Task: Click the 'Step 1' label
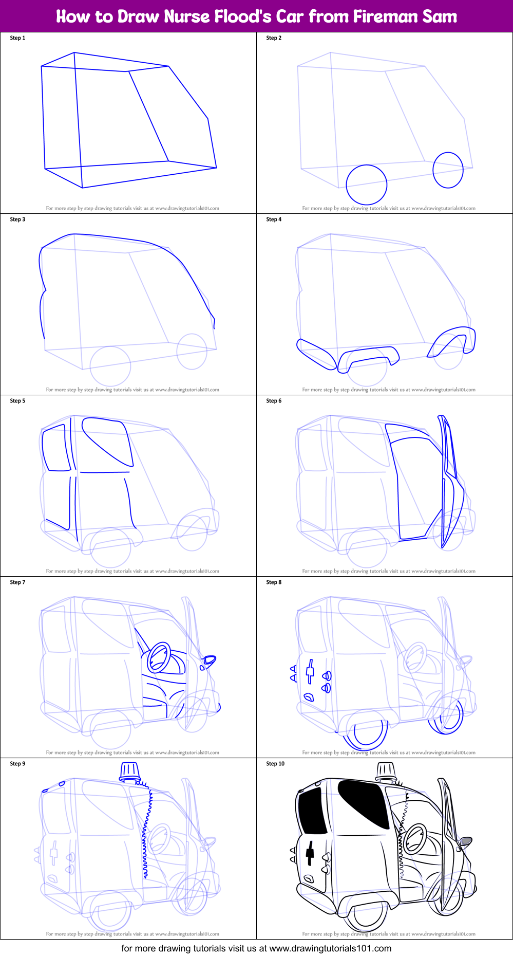tap(17, 38)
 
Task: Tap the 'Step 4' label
tap(274, 219)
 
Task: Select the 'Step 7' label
tap(17, 582)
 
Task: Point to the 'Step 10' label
tap(275, 764)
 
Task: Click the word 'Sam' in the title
tap(440, 16)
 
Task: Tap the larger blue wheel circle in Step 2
tap(366, 185)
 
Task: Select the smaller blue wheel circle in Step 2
tap(448, 170)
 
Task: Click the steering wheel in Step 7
tap(159, 657)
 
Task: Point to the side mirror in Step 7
tap(209, 660)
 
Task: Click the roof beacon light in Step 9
tap(129, 772)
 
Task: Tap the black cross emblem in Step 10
tap(310, 853)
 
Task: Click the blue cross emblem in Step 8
tap(310, 671)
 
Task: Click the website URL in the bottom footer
tap(330, 948)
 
